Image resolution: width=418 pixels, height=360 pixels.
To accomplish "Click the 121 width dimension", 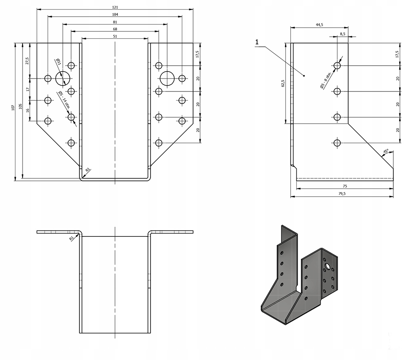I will coord(115,7).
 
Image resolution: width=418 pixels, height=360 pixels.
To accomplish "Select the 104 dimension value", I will coord(115,14).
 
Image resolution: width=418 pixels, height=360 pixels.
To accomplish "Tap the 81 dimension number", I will coord(115,22).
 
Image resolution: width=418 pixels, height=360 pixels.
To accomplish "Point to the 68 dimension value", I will coord(115,29).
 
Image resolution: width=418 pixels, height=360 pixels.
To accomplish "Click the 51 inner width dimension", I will coord(115,37).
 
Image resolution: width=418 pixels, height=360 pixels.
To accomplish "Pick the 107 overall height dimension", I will coord(13,108).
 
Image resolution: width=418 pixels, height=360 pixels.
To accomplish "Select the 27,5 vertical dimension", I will coord(28,61).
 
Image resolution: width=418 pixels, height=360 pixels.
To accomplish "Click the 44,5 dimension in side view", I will coord(319,25).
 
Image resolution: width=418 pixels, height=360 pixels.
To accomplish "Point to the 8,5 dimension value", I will coord(343,33).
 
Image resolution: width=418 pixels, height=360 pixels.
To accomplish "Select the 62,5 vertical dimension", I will coord(283,84).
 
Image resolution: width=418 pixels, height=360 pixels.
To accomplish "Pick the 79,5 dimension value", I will coord(345,194).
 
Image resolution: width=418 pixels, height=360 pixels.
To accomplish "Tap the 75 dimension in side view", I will coord(345,186).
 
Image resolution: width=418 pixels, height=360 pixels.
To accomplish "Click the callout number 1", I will coord(257,42).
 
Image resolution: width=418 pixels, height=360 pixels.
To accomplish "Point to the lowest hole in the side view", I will coord(337,143).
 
